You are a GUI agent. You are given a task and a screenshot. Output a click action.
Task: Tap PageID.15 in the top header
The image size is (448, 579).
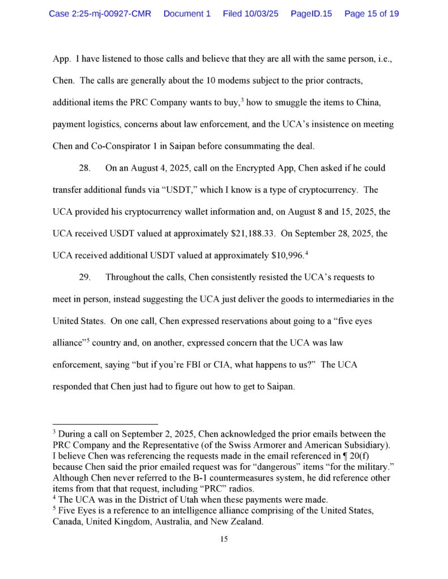pyautogui.click(x=311, y=13)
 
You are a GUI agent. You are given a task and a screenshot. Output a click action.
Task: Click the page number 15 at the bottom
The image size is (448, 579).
pyautogui.click(x=224, y=539)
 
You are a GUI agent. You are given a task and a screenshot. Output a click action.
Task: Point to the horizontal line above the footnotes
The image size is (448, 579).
pyautogui.click(x=105, y=424)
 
